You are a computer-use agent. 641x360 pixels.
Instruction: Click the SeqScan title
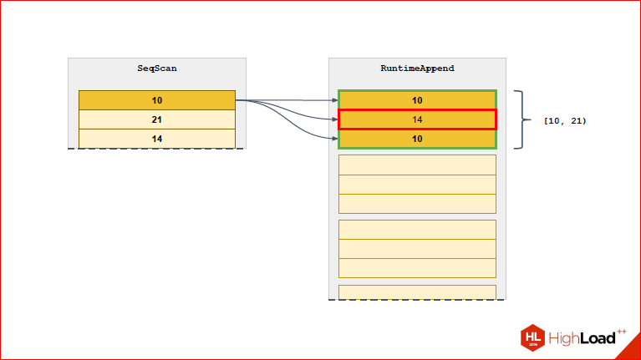tap(156, 68)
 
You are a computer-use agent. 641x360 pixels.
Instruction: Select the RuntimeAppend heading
tap(417, 68)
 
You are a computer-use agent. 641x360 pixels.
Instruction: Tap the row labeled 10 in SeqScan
tap(156, 100)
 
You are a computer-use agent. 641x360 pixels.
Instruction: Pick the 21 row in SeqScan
tap(156, 119)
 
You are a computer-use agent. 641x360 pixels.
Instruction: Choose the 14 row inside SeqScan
tap(156, 139)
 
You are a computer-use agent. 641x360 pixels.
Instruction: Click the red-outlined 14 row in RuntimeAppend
tap(417, 119)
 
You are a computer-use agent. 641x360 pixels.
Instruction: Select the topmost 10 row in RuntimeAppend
tap(417, 100)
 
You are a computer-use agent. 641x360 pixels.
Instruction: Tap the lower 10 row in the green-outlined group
tap(417, 139)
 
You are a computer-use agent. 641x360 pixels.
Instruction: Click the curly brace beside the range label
tap(523, 119)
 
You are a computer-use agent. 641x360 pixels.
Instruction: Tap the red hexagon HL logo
tap(533, 337)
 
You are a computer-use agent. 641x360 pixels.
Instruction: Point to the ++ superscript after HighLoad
tap(622, 331)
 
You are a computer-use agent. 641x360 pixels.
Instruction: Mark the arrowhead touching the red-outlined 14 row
tap(334, 119)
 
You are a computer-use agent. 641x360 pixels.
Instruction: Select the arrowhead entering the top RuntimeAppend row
tap(334, 100)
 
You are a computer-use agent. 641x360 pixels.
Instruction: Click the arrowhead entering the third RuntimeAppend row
tap(334, 139)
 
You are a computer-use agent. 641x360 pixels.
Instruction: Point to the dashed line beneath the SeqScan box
tap(156, 149)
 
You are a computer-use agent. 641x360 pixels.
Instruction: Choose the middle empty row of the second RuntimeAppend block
tap(417, 184)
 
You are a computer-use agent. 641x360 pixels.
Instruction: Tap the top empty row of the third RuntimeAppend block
tap(417, 230)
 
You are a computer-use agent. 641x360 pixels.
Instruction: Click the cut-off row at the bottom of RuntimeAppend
tap(417, 292)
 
